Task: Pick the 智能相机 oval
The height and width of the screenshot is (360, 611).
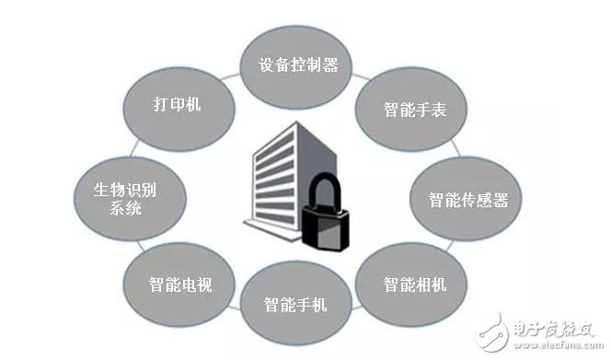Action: (415, 283)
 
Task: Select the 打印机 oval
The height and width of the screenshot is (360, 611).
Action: (177, 104)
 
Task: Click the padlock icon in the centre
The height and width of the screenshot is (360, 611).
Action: (328, 218)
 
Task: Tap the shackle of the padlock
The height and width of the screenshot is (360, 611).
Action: (328, 191)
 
